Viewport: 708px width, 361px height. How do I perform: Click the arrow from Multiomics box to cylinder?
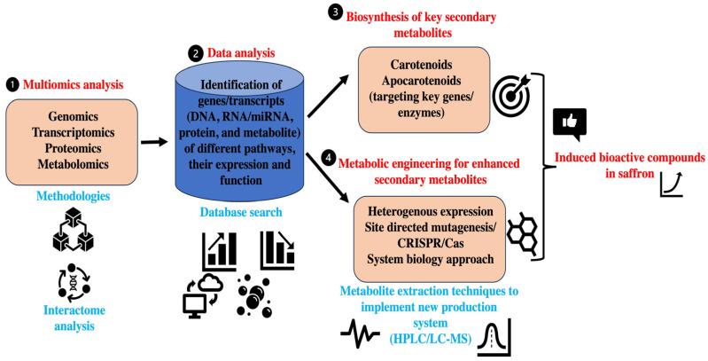154,139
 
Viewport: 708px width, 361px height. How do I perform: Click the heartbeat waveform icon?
363,335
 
